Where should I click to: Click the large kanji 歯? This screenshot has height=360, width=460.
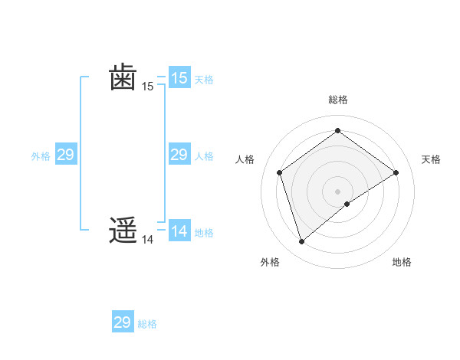tap(123, 77)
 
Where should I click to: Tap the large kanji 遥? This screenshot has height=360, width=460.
tap(123, 231)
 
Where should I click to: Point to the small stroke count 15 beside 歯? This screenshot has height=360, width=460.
tap(148, 87)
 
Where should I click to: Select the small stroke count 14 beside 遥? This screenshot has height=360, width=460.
tap(148, 240)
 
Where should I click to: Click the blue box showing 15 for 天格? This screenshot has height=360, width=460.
tap(179, 77)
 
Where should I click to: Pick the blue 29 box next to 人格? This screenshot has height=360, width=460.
tap(179, 155)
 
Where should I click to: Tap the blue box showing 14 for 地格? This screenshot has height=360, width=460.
tap(179, 231)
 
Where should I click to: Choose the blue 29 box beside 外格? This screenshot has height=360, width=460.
tap(65, 155)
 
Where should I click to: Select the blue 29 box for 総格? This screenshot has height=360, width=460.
tap(123, 322)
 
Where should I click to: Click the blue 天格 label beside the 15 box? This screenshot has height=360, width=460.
tap(204, 79)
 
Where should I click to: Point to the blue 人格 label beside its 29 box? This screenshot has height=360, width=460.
tap(204, 156)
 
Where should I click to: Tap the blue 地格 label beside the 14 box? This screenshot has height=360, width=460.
tap(204, 232)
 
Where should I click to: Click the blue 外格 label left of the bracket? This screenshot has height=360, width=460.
tap(41, 156)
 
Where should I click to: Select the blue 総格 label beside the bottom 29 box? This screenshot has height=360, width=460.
tap(147, 324)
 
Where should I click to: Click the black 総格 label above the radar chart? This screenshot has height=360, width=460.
tap(337, 100)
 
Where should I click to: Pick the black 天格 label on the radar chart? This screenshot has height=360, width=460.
tap(432, 159)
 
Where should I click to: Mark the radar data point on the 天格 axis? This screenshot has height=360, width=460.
tap(396, 172)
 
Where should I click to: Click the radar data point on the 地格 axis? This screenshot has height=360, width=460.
tap(347, 204)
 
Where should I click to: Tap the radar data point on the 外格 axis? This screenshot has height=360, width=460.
tap(301, 242)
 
